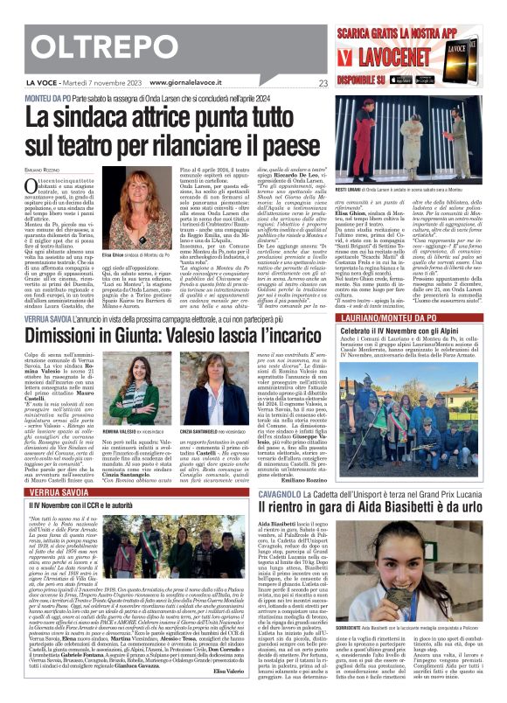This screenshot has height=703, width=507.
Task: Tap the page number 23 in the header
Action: [323, 84]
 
